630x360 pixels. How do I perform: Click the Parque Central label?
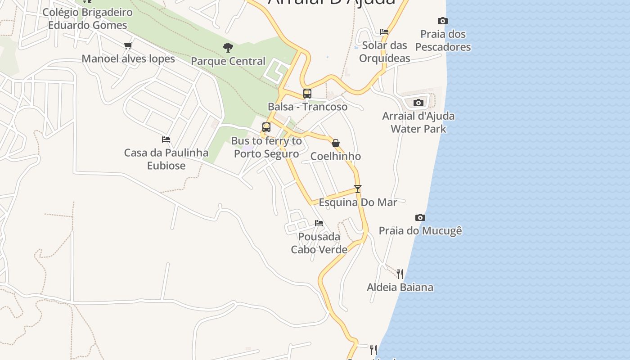(228, 61)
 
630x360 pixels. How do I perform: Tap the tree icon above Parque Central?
(228, 47)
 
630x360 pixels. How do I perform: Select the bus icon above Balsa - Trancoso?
(307, 94)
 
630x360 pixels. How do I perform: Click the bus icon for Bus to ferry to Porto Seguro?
(266, 127)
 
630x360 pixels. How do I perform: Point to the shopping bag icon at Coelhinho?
(336, 143)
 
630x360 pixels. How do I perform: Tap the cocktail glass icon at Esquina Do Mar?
(358, 189)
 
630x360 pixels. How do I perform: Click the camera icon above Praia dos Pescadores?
(443, 21)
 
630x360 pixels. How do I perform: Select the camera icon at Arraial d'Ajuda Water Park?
(418, 103)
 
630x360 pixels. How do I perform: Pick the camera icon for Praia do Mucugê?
(420, 218)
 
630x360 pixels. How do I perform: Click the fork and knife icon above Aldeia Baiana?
(400, 274)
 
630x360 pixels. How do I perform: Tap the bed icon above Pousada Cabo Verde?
(319, 223)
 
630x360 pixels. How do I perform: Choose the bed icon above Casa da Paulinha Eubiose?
(166, 139)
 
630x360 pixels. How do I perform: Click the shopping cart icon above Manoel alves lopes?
(128, 45)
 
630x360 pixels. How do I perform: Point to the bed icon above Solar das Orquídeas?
(384, 32)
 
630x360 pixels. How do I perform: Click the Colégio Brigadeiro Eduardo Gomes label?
(88, 18)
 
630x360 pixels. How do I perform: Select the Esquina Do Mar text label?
(358, 202)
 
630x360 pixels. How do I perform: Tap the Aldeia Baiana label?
(400, 287)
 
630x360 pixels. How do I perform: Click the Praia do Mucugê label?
(420, 231)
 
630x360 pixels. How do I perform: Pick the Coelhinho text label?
(336, 156)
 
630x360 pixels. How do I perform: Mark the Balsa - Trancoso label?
(307, 107)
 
